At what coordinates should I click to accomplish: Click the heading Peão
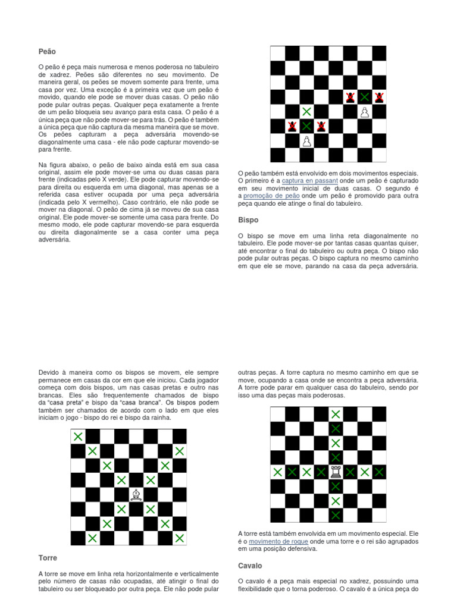47,52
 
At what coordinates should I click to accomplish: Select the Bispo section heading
248,219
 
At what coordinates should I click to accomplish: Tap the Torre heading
48,558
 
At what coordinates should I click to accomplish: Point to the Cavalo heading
250,566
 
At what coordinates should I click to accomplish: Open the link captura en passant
309,180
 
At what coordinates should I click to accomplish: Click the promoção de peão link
271,196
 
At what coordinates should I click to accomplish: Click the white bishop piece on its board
136,494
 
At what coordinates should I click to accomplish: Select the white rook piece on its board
336,472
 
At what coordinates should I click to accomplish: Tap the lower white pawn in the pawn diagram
306,140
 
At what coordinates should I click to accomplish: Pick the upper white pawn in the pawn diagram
364,111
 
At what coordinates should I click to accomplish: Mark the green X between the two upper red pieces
364,97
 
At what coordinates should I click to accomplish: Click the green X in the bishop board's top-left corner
78,437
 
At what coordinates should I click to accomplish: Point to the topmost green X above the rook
336,415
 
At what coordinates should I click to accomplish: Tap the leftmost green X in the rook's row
278,472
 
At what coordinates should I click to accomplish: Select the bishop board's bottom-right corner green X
179,538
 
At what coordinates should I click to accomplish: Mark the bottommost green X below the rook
336,515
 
